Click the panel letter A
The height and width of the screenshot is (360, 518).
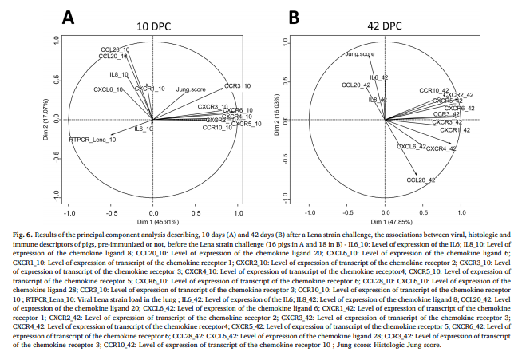click(x=69, y=15)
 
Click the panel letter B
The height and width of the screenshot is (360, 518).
click(x=293, y=15)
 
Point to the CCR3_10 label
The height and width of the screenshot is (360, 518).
click(x=237, y=85)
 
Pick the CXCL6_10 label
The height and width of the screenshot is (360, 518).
click(x=109, y=89)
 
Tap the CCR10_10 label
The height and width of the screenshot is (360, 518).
click(x=218, y=128)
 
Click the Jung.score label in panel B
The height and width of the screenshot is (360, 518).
click(x=360, y=55)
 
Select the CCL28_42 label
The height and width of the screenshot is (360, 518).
click(x=421, y=180)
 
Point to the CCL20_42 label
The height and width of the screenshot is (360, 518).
click(x=355, y=85)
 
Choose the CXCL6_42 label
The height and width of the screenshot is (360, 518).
click(x=411, y=147)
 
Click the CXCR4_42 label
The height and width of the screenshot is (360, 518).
click(x=441, y=148)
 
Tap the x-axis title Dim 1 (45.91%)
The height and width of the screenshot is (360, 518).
click(x=154, y=220)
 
